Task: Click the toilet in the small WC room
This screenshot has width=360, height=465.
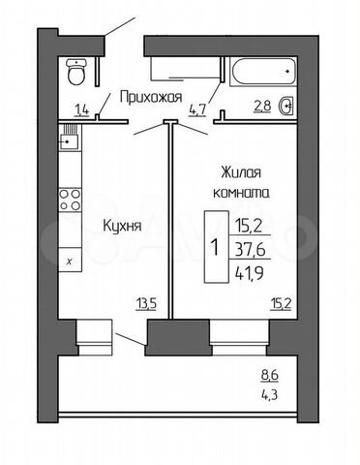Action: coord(78,73)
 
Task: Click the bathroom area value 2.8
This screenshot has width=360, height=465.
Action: coord(261,106)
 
